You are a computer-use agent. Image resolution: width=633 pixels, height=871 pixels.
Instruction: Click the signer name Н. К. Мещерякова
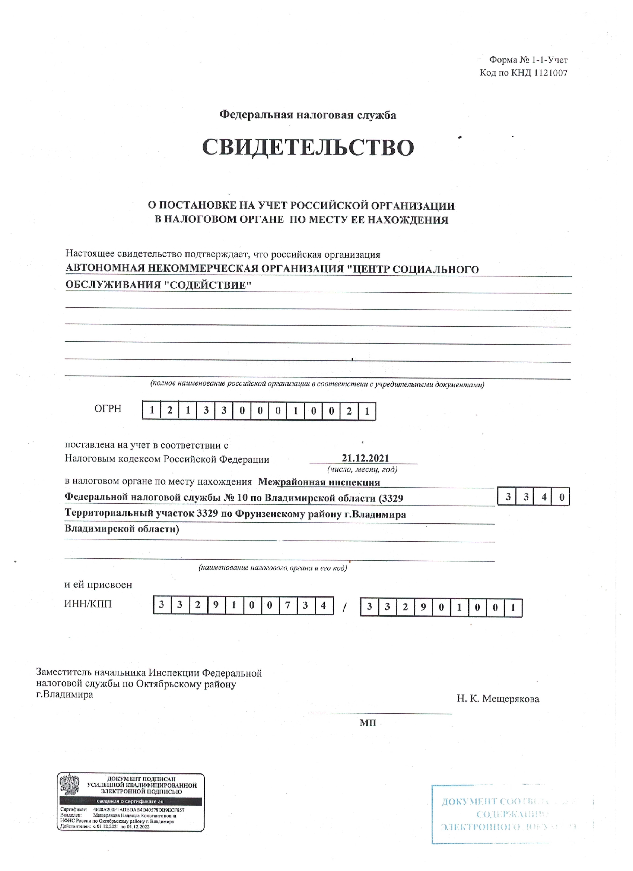[x=498, y=699]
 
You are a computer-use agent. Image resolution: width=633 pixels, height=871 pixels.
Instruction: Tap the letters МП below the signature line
[x=368, y=723]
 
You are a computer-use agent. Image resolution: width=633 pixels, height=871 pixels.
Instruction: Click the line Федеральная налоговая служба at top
[x=308, y=115]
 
